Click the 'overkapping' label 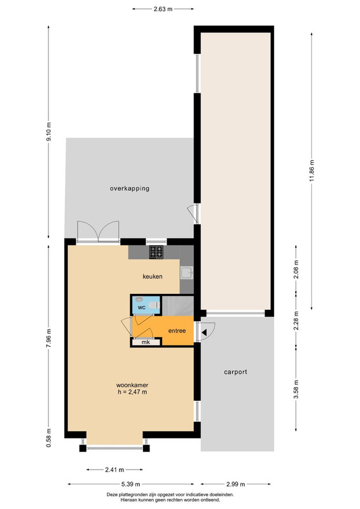click(130, 188)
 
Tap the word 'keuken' click(153, 277)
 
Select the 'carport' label click(235, 372)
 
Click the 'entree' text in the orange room click(177, 331)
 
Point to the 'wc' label click(142, 307)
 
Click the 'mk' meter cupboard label click(146, 342)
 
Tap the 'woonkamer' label click(132, 386)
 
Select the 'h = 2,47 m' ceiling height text click(132, 392)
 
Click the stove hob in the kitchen click(156, 252)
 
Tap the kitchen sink click(186, 273)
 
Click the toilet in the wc click(154, 305)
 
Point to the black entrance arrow click(204, 332)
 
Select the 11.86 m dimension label click(312, 171)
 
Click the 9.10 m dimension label click(48, 132)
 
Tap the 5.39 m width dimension click(131, 484)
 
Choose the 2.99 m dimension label click(236, 484)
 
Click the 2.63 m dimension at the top click(163, 9)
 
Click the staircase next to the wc click(177, 305)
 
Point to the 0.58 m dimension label click(48, 438)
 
